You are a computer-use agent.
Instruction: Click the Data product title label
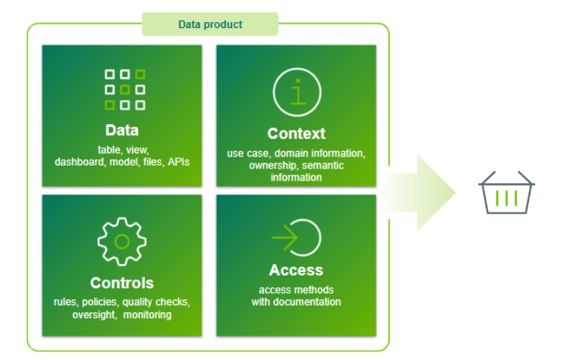210,24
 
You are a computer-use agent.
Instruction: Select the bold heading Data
122,130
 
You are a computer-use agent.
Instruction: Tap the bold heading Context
296,134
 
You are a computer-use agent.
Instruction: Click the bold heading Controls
122,283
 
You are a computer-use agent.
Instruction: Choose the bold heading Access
296,270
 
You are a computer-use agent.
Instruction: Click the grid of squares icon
124,89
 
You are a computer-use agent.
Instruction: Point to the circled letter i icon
297,92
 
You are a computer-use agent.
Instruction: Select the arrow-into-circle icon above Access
296,238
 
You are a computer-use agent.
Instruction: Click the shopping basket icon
506,195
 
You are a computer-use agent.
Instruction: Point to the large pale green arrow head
433,191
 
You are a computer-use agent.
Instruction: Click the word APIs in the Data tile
177,162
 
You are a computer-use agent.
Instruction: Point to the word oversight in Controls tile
95,314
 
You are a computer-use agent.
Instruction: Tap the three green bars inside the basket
506,199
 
